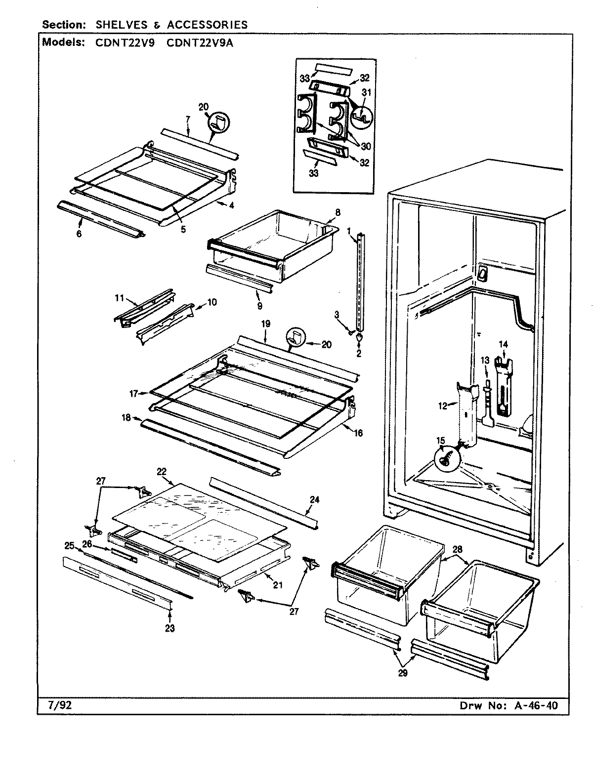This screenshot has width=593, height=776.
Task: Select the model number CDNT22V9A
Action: pyautogui.click(x=200, y=42)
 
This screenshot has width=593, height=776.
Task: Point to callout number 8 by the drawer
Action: pyautogui.click(x=338, y=213)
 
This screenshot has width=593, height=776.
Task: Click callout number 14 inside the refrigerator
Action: pyautogui.click(x=503, y=344)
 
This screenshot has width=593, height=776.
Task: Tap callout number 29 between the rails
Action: pyautogui.click(x=403, y=673)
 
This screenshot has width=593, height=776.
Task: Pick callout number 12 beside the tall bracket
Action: pyautogui.click(x=442, y=406)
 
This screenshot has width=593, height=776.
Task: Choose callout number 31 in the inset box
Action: pyautogui.click(x=366, y=92)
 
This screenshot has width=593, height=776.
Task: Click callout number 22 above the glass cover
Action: pyautogui.click(x=161, y=472)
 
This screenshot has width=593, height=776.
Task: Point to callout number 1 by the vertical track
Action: pyautogui.click(x=349, y=230)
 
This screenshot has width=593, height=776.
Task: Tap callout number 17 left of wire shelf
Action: pyautogui.click(x=133, y=394)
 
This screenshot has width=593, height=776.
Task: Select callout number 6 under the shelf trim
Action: pyautogui.click(x=79, y=234)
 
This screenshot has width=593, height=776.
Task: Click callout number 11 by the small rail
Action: pyautogui.click(x=119, y=298)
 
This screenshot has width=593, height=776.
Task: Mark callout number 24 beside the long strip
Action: pyautogui.click(x=314, y=499)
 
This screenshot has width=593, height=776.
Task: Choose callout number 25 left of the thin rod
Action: pyautogui.click(x=69, y=546)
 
